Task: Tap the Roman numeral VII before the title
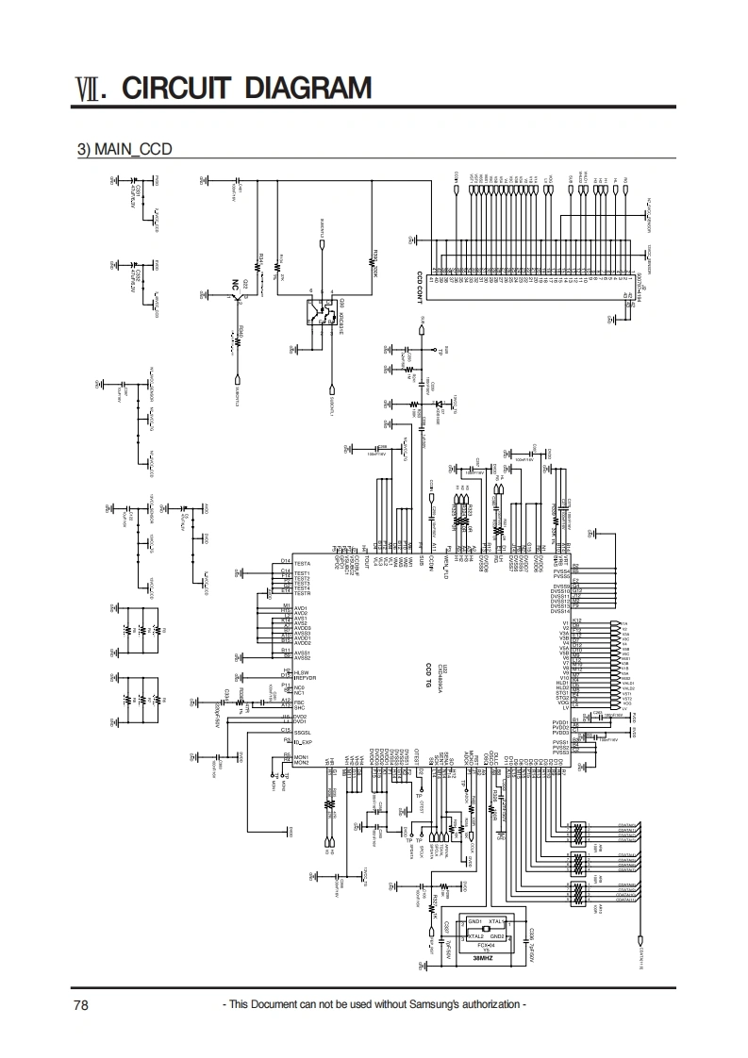pyautogui.click(x=89, y=90)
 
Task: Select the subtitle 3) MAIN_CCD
pyautogui.click(x=124, y=149)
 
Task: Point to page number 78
pyautogui.click(x=81, y=1005)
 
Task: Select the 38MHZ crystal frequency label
pyautogui.click(x=483, y=957)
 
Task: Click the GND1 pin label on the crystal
pyautogui.click(x=475, y=920)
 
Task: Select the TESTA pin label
pyautogui.click(x=303, y=563)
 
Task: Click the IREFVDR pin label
pyautogui.click(x=305, y=678)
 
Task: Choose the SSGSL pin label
pyautogui.click(x=303, y=732)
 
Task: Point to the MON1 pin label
pyautogui.click(x=302, y=757)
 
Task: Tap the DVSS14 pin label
pyautogui.click(x=560, y=612)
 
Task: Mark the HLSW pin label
pyautogui.click(x=302, y=672)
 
